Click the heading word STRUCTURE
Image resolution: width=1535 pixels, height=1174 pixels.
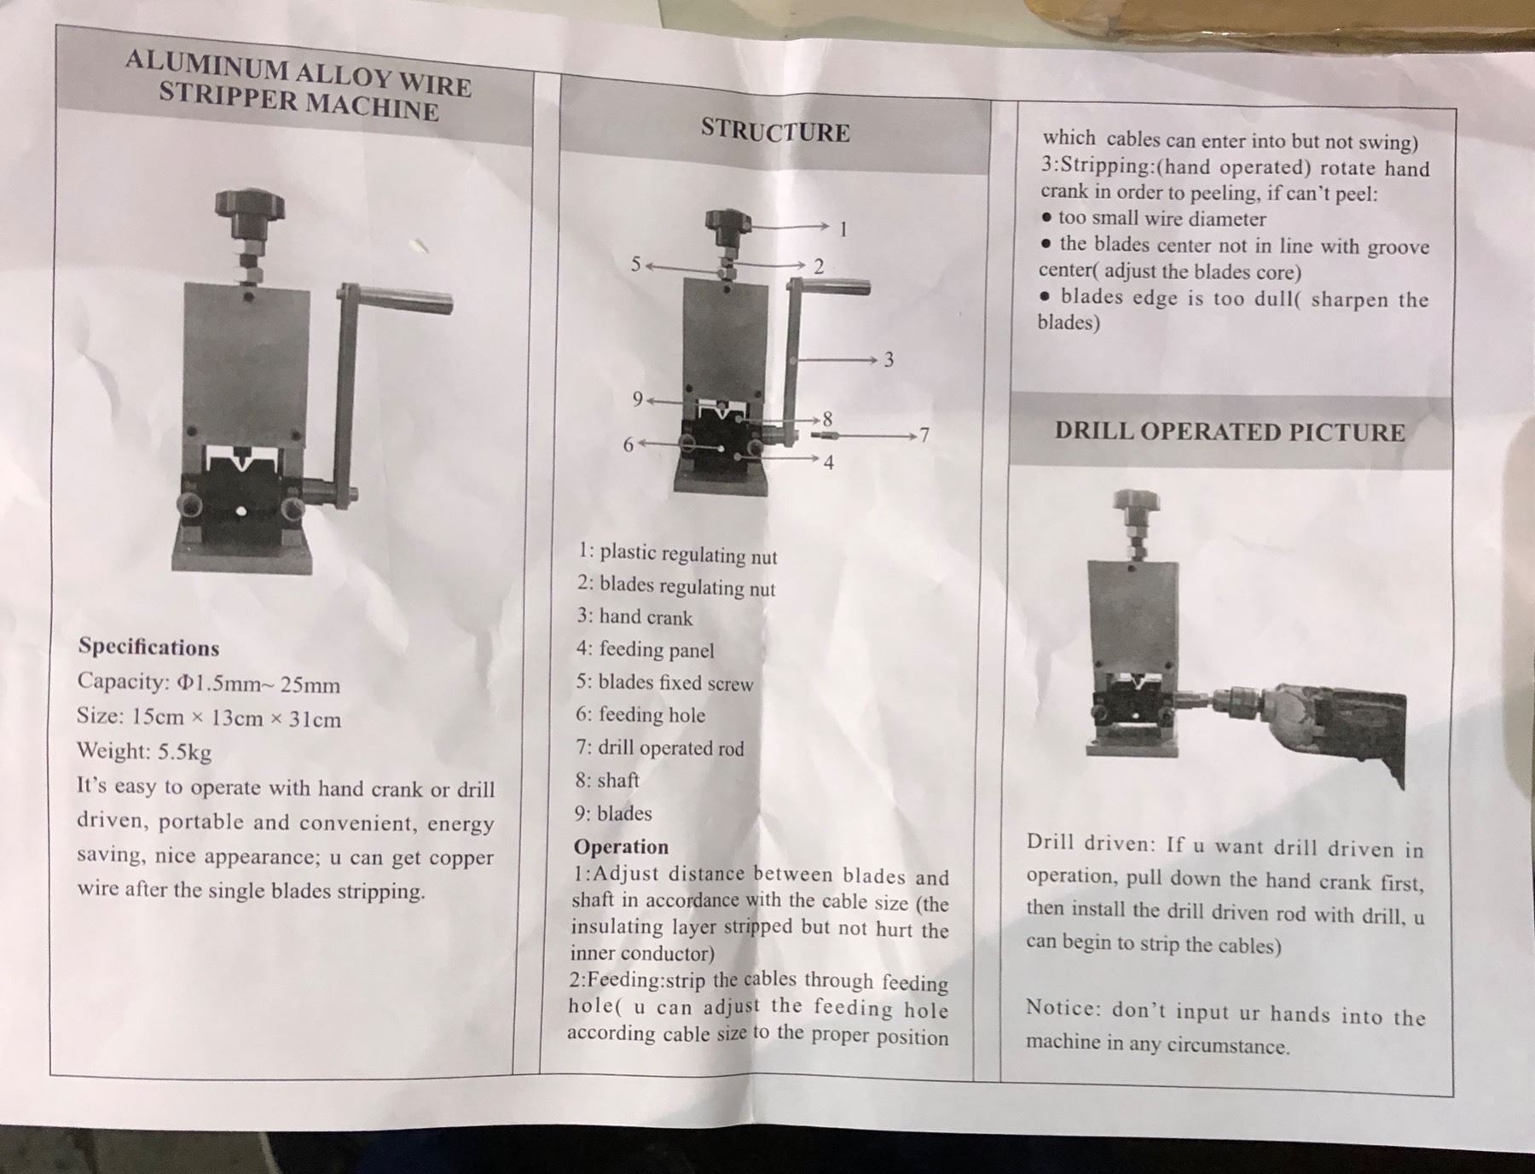tap(775, 131)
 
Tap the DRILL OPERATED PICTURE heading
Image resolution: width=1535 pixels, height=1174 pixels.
tap(1229, 432)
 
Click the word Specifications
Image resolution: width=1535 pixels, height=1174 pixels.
tap(148, 648)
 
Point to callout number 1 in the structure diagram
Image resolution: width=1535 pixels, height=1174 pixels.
tap(843, 230)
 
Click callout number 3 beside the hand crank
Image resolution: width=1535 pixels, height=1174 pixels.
tap(889, 359)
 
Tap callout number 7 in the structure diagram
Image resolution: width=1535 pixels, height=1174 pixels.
tap(923, 436)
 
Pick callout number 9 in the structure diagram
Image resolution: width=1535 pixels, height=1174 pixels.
tap(637, 399)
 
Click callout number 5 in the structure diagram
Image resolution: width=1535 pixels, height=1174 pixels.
tap(635, 264)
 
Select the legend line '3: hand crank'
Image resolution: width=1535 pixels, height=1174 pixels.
tap(634, 617)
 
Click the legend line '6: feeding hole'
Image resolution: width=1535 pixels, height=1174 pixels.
tap(640, 714)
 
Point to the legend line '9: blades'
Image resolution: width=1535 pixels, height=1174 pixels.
tap(613, 813)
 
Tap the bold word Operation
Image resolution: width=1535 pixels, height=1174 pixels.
tap(621, 846)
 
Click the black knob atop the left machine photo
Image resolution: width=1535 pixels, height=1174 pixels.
tap(249, 205)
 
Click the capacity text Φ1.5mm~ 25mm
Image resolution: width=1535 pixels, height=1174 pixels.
tap(259, 684)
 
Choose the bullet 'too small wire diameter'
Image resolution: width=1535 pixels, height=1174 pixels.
tap(1161, 218)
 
